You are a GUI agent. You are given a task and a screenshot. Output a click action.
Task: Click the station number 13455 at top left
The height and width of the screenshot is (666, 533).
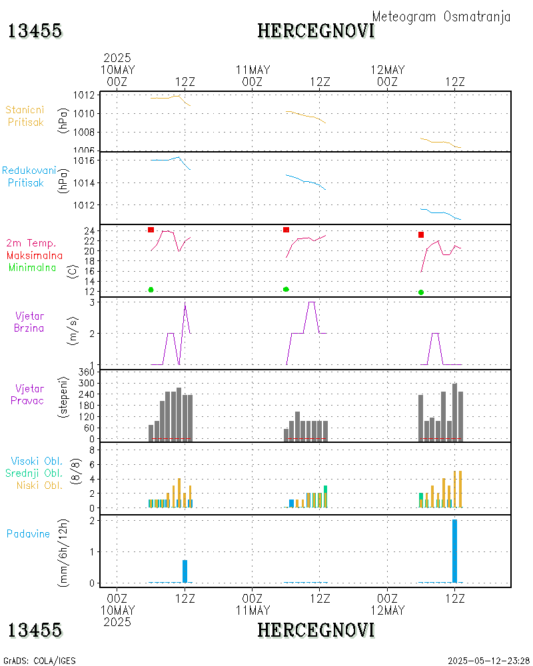[35, 31]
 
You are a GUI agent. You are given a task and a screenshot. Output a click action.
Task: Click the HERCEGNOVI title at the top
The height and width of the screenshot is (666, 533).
[316, 31]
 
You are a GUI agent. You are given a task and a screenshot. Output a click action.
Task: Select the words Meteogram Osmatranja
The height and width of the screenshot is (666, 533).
[441, 17]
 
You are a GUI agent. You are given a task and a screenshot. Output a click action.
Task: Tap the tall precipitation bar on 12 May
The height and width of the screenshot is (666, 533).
[454, 551]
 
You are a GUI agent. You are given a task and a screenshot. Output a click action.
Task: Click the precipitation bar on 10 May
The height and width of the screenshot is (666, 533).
[185, 571]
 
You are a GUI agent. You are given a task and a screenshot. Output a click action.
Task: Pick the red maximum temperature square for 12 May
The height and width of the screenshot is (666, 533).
[421, 234]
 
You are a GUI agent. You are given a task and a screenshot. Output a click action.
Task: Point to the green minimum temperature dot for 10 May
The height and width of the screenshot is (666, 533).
[151, 290]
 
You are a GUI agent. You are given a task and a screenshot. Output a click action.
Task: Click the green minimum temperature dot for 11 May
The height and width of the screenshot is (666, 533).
[286, 289]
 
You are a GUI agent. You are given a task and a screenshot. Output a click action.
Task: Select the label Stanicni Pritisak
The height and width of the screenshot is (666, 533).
[25, 116]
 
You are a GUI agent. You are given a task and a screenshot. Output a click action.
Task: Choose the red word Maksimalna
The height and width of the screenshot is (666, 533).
[35, 256]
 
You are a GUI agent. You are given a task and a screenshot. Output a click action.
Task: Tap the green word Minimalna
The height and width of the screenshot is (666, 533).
[33, 268]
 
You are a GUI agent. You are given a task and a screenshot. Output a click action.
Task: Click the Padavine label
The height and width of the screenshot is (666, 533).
[28, 533]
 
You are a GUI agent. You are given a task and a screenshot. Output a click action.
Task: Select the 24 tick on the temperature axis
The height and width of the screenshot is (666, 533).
[87, 230]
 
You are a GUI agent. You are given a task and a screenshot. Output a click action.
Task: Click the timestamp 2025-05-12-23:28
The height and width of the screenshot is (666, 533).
[488, 661]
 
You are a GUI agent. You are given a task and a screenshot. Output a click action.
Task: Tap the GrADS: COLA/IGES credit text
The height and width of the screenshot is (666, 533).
[39, 661]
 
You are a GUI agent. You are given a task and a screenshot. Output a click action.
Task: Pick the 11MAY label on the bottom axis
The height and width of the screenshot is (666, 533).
[253, 610]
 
